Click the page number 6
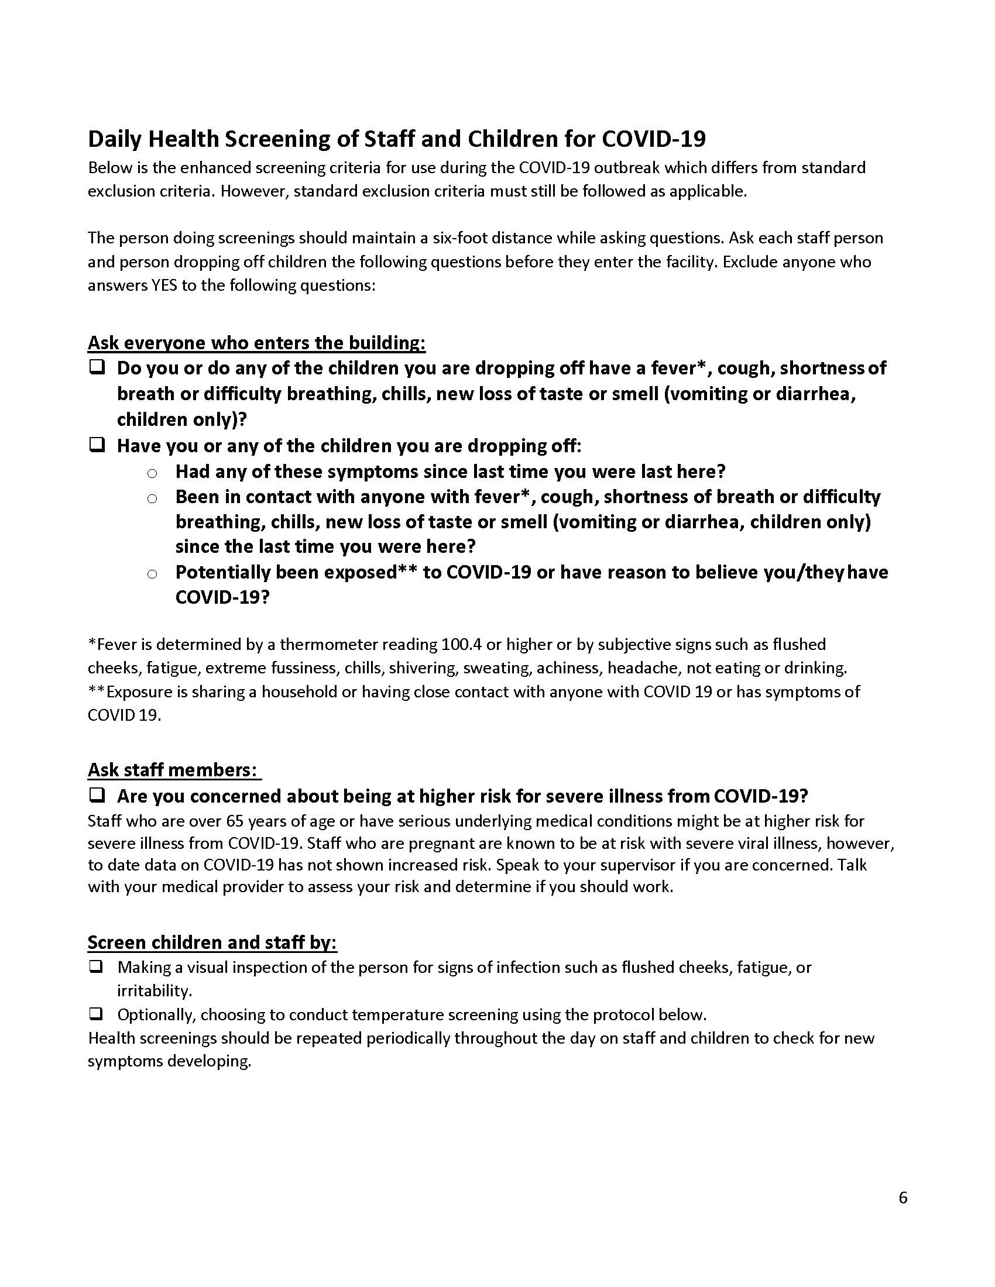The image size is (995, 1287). (903, 1198)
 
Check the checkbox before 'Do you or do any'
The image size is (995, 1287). (97, 368)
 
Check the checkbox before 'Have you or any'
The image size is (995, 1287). (97, 445)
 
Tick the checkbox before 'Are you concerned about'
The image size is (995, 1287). (97, 796)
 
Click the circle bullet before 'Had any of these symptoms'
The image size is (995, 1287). (152, 473)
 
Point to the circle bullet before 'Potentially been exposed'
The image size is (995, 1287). (152, 573)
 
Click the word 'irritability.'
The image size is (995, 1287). (155, 990)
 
